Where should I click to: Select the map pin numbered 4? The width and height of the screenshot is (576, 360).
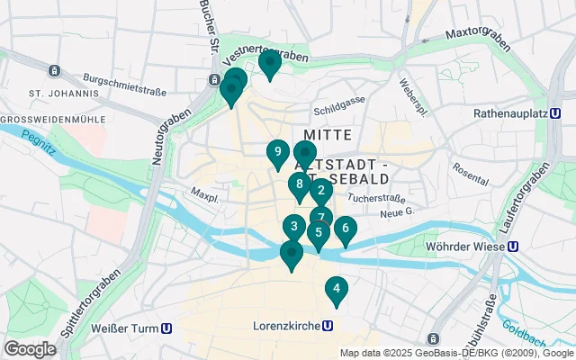tap(336, 289)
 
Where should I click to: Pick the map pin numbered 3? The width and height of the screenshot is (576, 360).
tap(293, 227)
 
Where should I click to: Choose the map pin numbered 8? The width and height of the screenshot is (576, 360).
tap(299, 184)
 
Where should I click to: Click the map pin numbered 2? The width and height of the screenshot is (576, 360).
tap(320, 190)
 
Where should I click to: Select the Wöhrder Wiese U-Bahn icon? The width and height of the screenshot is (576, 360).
tap(512, 246)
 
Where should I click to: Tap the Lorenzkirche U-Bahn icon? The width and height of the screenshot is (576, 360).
tap(328, 328)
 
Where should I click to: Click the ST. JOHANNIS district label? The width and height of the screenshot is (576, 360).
tap(63, 93)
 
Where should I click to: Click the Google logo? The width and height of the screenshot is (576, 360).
tap(30, 349)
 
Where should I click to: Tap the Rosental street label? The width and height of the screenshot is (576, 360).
tap(471, 168)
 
